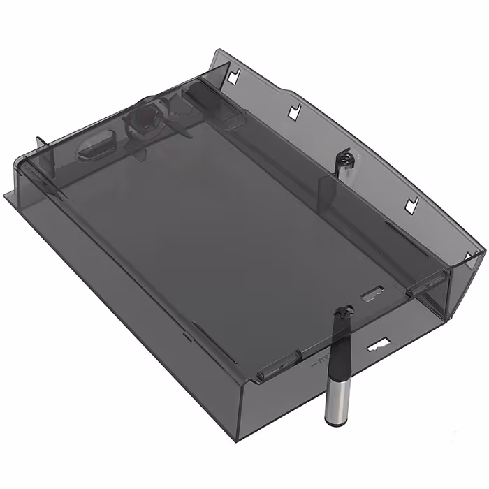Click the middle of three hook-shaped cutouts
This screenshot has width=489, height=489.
(x=294, y=110)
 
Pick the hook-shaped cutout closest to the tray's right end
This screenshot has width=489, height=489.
(x=411, y=204)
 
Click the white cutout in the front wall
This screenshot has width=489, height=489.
(x=378, y=344)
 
